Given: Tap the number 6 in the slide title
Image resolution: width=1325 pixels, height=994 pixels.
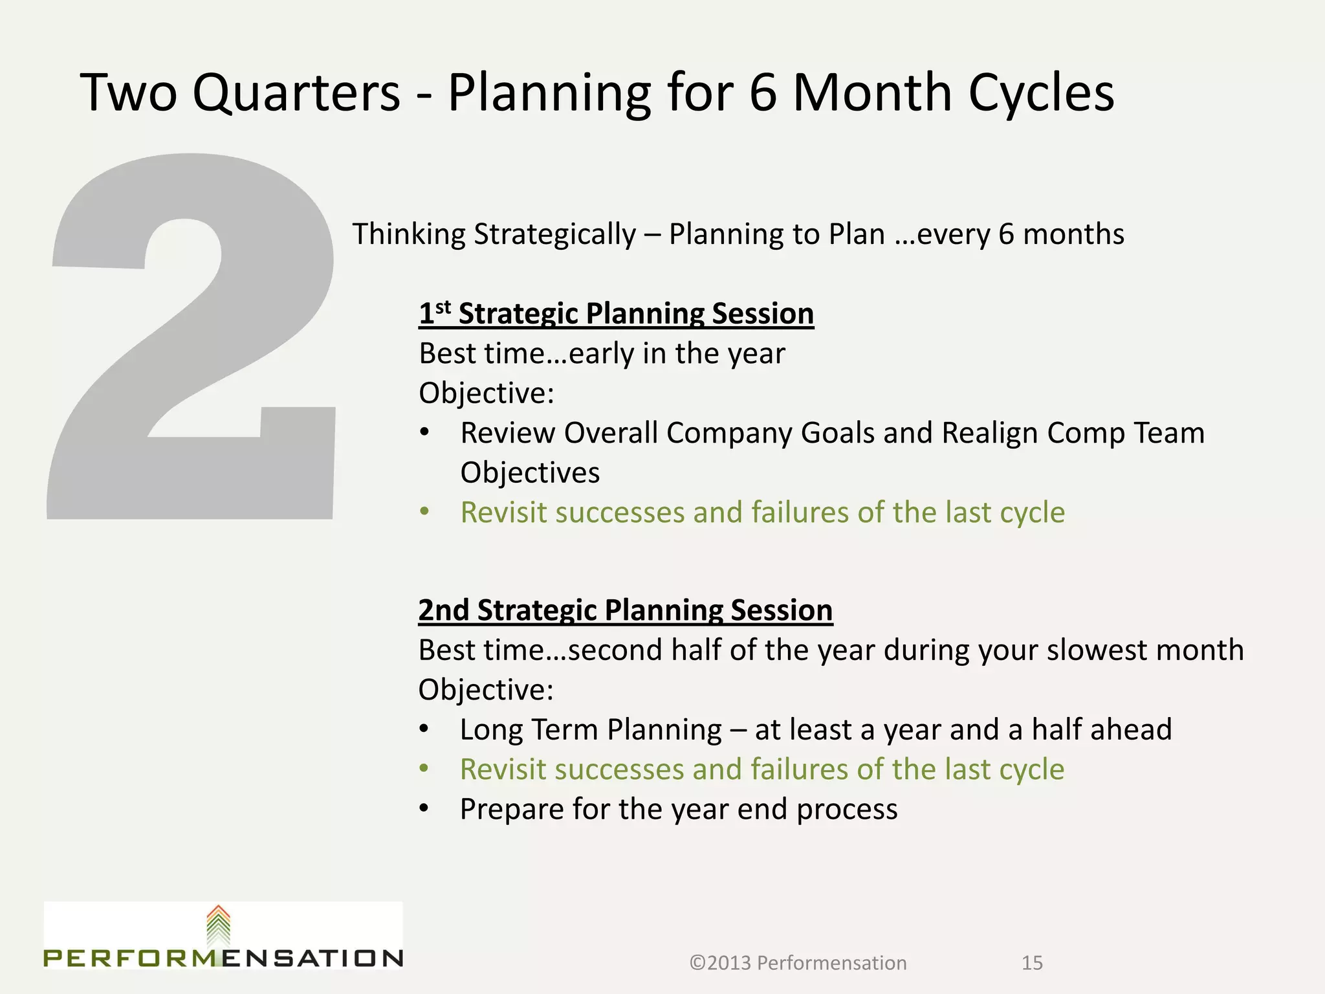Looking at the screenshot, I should click(x=763, y=93).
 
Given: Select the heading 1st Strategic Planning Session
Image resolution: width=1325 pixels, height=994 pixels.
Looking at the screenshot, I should click(x=616, y=314).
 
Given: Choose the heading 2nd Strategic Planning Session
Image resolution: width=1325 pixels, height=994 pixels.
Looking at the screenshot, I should click(x=625, y=610).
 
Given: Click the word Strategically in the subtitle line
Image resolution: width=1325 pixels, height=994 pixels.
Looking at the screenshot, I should click(x=555, y=234).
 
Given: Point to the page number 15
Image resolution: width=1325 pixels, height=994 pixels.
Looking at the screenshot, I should click(x=1032, y=963).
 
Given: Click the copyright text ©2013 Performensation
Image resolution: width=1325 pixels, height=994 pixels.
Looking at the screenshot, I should click(x=798, y=963).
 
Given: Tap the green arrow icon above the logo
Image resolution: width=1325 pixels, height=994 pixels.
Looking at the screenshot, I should click(x=219, y=925).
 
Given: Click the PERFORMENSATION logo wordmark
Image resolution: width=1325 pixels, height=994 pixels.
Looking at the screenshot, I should click(x=223, y=958).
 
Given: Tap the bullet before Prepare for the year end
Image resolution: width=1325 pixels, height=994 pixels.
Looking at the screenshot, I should click(x=424, y=809).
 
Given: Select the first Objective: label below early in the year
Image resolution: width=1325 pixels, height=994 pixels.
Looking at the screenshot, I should click(x=487, y=393).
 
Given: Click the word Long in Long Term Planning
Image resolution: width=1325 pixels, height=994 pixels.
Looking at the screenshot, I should click(x=492, y=730).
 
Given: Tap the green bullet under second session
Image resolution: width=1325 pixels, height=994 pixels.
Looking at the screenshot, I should click(x=424, y=769).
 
